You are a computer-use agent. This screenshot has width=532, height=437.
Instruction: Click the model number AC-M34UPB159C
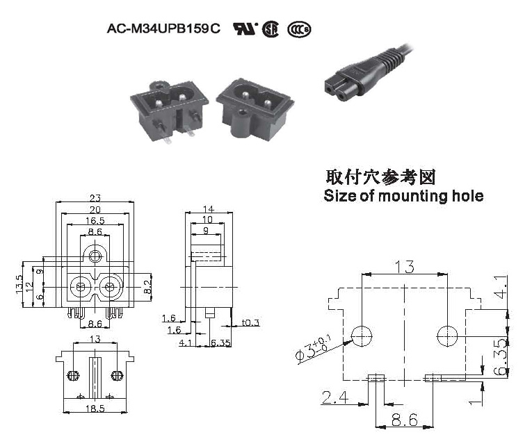point(163,28)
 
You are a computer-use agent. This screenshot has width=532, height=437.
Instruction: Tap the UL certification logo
point(245,28)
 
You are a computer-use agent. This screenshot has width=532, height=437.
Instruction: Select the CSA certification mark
point(271,29)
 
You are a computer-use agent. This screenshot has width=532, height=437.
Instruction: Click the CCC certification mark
point(299,29)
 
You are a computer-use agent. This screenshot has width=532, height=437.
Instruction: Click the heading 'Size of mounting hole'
point(403,196)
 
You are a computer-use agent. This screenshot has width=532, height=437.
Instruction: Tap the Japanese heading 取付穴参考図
point(380,177)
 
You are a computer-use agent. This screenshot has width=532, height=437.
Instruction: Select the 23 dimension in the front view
point(95,197)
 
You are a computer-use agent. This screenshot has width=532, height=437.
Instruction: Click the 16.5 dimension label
point(95,221)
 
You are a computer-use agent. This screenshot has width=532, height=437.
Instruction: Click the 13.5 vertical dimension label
point(19,284)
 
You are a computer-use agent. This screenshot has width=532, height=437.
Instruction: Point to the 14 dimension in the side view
point(209,209)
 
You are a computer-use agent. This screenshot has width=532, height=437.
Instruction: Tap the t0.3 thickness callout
point(250,323)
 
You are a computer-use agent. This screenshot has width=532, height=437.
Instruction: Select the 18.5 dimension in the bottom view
point(95,409)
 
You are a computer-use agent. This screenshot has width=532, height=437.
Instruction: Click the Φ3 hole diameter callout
point(314,349)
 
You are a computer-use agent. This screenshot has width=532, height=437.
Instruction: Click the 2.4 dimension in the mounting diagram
point(335,397)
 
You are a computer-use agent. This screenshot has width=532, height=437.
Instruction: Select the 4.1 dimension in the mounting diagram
point(502,287)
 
